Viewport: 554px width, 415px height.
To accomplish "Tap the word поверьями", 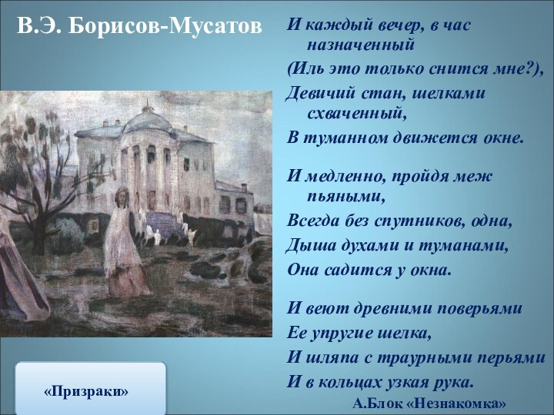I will click(x=480, y=308).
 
